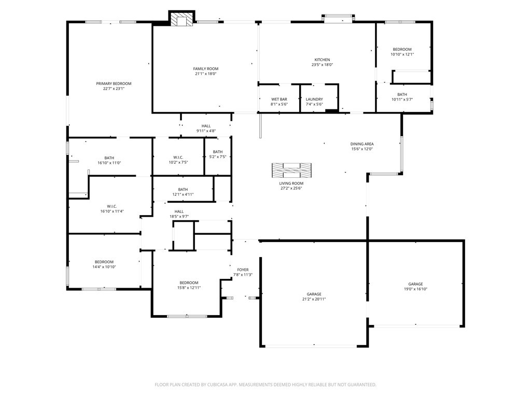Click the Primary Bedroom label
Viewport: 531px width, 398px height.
pos(114,83)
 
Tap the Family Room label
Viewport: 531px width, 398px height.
pos(205,69)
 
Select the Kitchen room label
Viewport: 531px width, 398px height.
pos(322,60)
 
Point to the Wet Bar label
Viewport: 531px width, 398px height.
pos(279,99)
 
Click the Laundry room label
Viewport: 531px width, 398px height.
pos(314,99)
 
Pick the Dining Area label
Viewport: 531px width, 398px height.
pos(362,144)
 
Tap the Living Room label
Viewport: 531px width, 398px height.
pos(291,183)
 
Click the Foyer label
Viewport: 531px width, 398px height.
pos(243,269)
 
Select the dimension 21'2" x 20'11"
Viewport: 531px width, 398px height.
pos(314,299)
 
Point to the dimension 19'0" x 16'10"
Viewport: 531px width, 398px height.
pos(415,289)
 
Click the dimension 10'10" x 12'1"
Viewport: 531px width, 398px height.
pos(402,54)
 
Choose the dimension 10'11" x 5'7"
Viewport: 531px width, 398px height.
pos(402,99)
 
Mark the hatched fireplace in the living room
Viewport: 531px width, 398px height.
pos(291,170)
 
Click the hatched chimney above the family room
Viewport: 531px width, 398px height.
pos(182,19)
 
